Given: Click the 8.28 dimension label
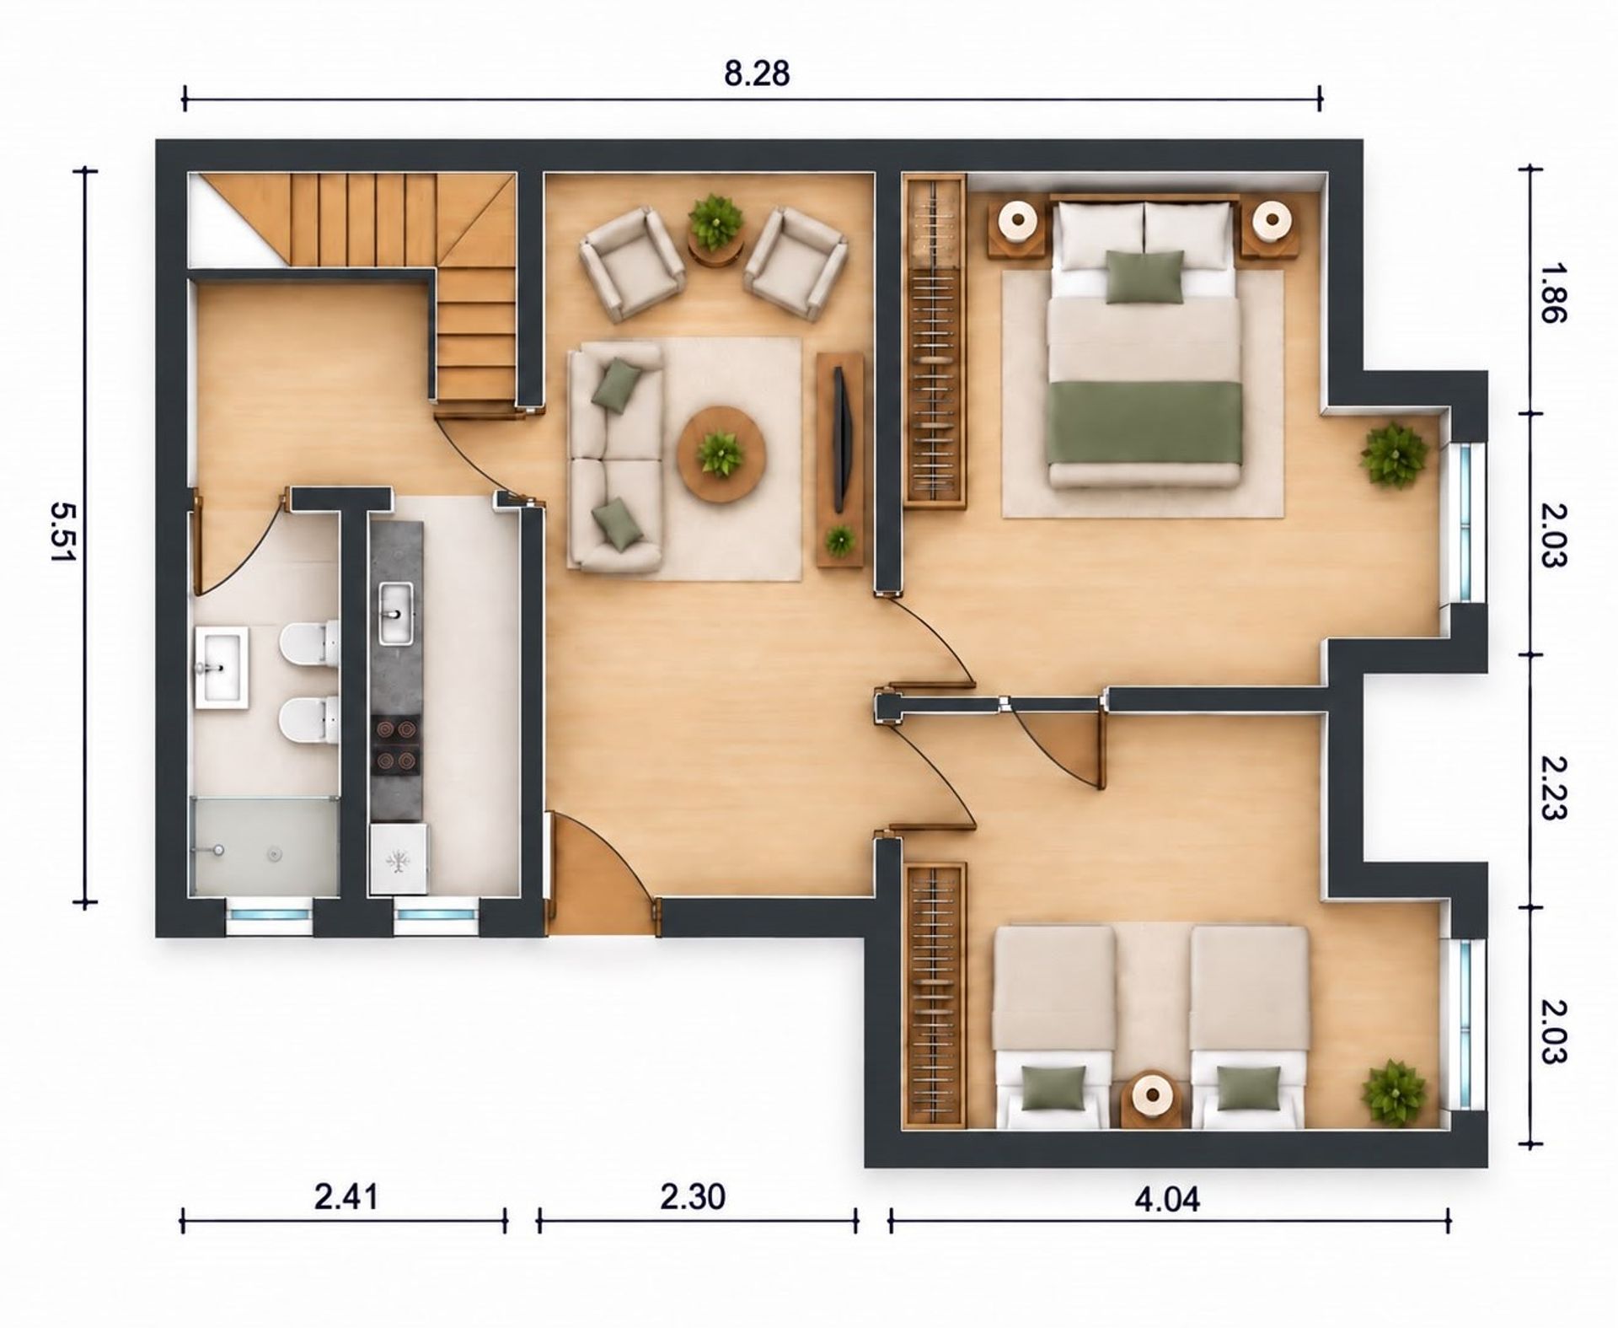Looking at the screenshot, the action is pos(757,73).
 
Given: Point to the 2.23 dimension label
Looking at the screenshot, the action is pos(1552,787).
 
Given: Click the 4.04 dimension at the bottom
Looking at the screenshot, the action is pos(1166,1198).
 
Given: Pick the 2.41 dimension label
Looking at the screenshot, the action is pos(346,1196).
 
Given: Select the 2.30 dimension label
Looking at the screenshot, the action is pos(693,1196).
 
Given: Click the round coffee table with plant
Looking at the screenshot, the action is pos(721,454).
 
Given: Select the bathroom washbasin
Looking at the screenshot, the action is pos(222,665).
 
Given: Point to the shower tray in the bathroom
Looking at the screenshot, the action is pos(265,846).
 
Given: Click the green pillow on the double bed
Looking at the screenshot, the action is pos(1144,276).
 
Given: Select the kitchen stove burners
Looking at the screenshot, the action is pos(396,744).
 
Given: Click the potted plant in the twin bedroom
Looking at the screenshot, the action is pos(1396,1093).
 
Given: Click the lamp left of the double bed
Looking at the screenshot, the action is pos(1018,221).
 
